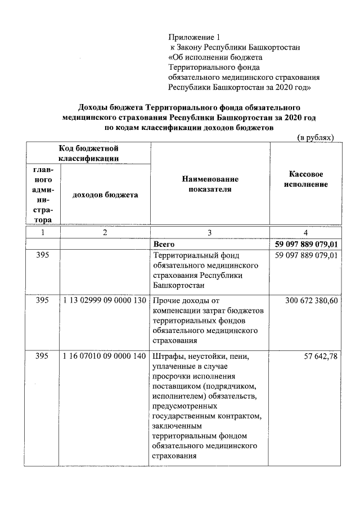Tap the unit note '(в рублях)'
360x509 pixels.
[316, 137]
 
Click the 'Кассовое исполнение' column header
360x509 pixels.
[306, 179]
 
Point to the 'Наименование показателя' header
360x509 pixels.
[210, 184]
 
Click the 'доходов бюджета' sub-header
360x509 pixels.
[105, 195]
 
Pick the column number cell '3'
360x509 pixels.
[210, 232]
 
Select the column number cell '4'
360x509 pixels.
[305, 232]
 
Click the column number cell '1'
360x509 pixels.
[42, 232]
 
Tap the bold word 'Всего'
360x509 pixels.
[164, 245]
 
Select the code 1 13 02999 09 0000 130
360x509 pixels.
[105, 301]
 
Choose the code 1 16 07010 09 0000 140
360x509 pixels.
[105, 357]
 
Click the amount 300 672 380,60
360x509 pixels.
[311, 301]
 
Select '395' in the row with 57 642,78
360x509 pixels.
[42, 357]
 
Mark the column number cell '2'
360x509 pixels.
[105, 232]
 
